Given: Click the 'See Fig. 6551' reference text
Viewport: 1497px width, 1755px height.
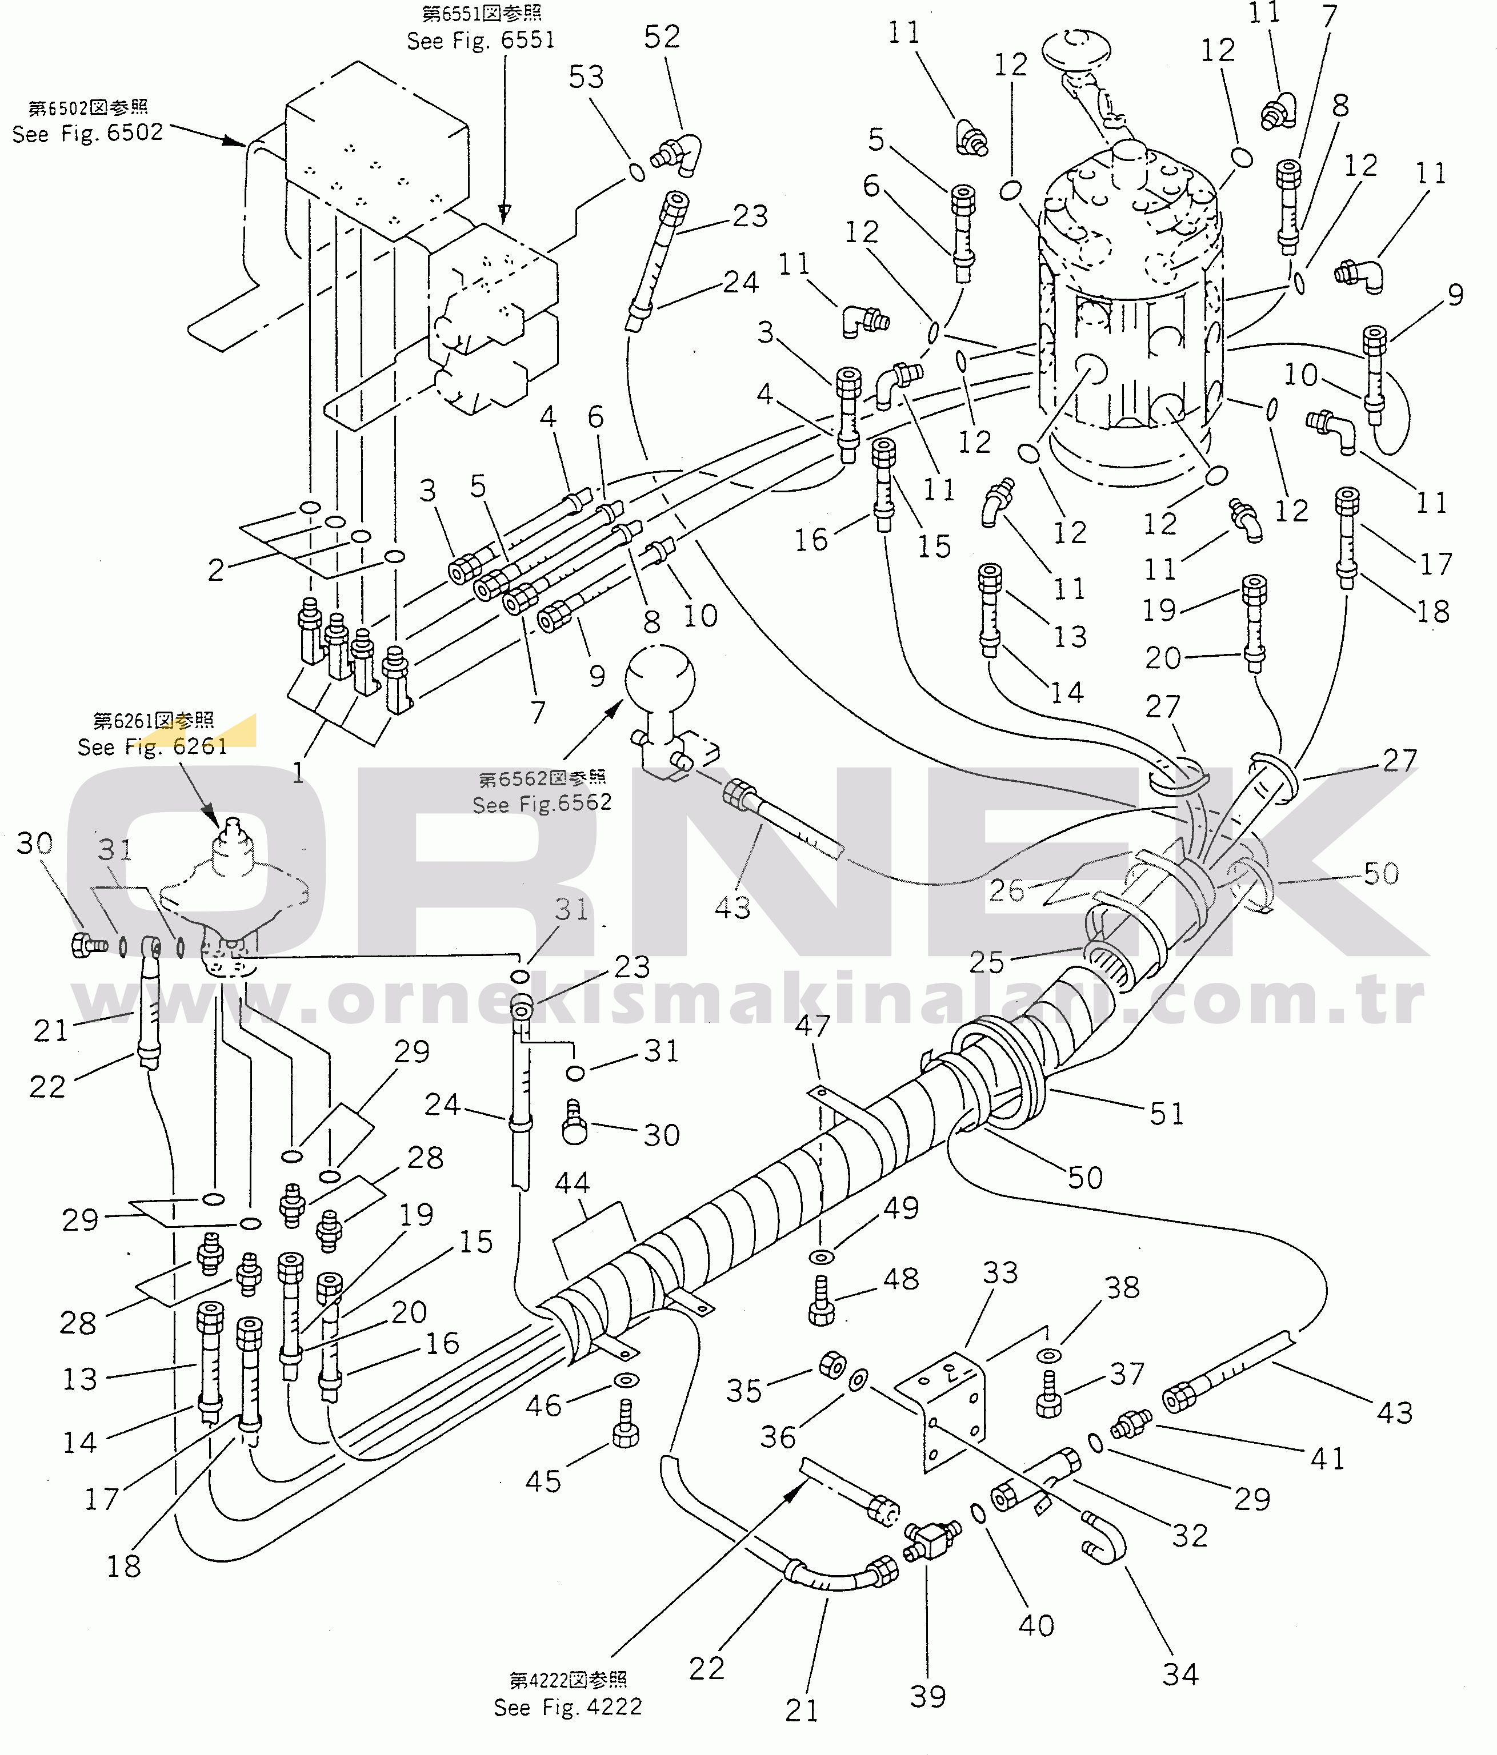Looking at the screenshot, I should pos(481,41).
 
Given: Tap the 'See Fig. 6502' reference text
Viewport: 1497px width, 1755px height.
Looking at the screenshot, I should pos(87,133).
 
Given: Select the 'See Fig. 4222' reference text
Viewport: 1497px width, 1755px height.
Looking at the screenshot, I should pos(567,1706).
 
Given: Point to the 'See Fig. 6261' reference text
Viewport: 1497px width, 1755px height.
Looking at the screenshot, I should pos(153,746).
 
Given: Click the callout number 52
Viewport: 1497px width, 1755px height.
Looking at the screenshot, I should pos(662,37).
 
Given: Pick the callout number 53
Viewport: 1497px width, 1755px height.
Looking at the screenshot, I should pos(586,77).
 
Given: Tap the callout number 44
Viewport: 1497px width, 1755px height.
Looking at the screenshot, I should pos(572,1182).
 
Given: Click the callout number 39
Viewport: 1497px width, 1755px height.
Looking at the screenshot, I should pos(928,1697).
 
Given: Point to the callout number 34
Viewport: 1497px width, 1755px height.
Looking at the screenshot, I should pos(1180,1674).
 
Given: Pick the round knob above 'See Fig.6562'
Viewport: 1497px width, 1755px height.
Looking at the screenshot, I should pos(660,679).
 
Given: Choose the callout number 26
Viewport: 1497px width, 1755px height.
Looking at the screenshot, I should pos(1006,890).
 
